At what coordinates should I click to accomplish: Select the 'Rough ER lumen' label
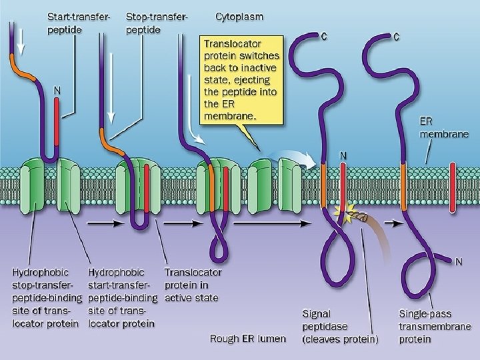[247, 339]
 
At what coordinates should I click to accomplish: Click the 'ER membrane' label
[443, 127]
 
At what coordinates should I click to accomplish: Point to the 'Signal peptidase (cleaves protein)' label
[340, 326]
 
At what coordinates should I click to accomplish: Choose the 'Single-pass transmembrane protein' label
[435, 326]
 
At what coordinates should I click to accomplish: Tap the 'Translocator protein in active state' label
[193, 285]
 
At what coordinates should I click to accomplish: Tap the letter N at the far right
[459, 262]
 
